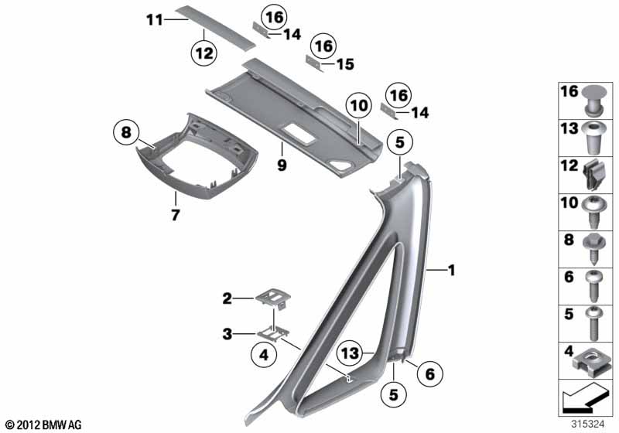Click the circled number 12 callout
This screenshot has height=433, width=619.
(x=204, y=53)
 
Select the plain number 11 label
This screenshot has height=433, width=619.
(x=155, y=20)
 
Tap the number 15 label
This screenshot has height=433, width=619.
(x=345, y=64)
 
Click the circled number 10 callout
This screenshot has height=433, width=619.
(x=358, y=105)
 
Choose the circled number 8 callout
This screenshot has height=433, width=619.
(x=126, y=132)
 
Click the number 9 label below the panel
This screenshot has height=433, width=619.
(x=282, y=165)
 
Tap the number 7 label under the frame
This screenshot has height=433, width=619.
(x=176, y=215)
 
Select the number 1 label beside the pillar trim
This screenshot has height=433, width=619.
(x=451, y=271)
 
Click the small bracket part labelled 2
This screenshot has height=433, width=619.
(x=273, y=299)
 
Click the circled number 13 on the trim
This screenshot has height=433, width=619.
(x=351, y=353)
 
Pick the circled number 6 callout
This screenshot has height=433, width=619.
(x=430, y=373)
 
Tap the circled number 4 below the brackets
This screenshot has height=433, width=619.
(x=264, y=355)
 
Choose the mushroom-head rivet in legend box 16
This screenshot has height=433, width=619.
(x=594, y=100)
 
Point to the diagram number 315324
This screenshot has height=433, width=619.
(x=587, y=424)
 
